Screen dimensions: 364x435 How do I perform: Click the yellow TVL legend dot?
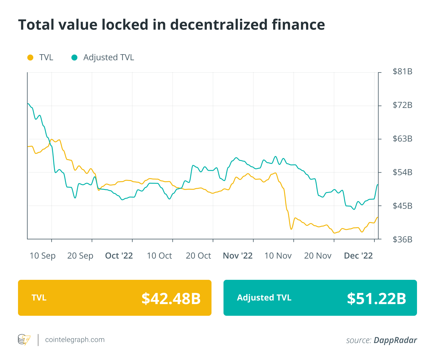pos(30,58)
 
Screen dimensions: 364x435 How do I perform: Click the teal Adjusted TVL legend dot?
pos(74,58)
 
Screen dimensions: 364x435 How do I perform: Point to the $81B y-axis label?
pos(402,72)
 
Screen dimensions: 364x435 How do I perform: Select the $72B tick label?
pos(402,105)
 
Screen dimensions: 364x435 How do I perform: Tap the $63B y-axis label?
pos(402,139)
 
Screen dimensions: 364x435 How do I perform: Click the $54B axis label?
pos(402,172)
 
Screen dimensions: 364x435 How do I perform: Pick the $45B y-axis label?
pos(402,206)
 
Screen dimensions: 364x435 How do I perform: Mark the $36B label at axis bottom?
pos(402,239)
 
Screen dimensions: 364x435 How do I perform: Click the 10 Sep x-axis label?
pos(43,256)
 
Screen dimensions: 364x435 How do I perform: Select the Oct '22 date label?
pos(119,256)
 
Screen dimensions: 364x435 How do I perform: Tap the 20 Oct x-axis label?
pos(198,256)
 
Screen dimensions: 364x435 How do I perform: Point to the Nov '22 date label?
pos(238,256)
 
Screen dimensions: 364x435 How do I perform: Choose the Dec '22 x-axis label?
pos(358,256)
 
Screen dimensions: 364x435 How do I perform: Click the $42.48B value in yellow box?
pos(171,298)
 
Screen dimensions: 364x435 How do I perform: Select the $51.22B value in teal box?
pos(376,298)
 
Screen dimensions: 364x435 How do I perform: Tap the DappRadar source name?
pos(395,340)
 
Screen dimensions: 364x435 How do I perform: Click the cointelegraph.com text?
pos(75,340)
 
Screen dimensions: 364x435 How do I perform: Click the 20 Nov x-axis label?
pos(318,256)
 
